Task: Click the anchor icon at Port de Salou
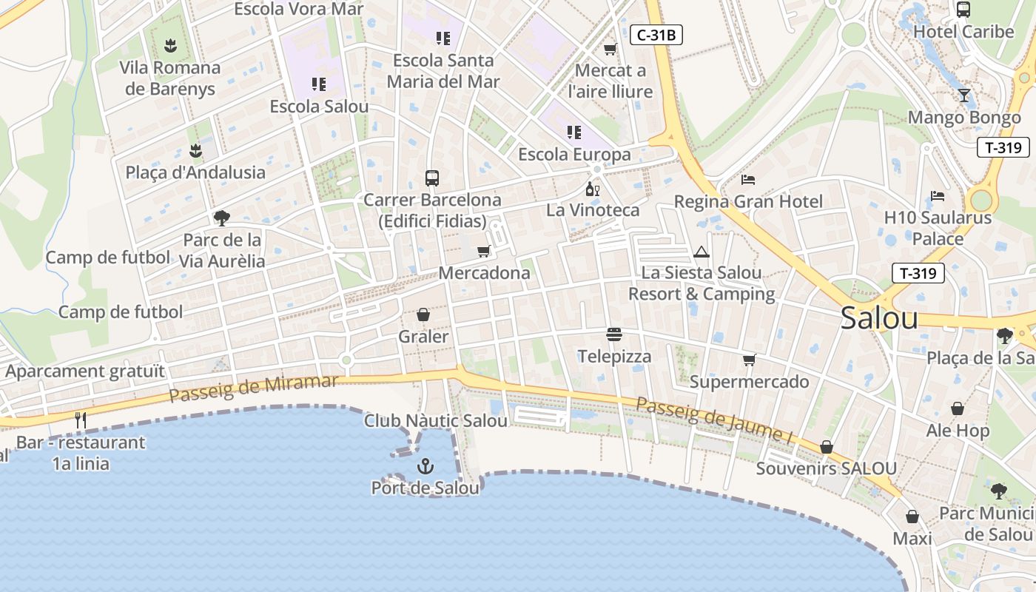(x=425, y=466)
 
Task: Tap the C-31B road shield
(x=656, y=34)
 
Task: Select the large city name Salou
(x=879, y=318)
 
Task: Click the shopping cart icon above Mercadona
(x=484, y=252)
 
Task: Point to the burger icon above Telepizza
(x=613, y=334)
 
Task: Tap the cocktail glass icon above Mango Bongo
(x=963, y=95)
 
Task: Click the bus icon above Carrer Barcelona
(x=432, y=178)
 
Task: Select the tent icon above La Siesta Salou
(x=702, y=252)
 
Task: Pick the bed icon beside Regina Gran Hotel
(x=748, y=180)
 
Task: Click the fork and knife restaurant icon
(x=81, y=420)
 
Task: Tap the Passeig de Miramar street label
(x=253, y=388)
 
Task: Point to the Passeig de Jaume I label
(x=715, y=420)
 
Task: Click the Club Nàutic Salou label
(x=436, y=421)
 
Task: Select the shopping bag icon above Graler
(x=423, y=315)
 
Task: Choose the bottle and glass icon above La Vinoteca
(x=593, y=189)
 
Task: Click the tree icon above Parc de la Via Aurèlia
(x=221, y=218)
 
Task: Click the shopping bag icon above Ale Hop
(x=958, y=408)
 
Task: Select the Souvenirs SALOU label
(x=826, y=468)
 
